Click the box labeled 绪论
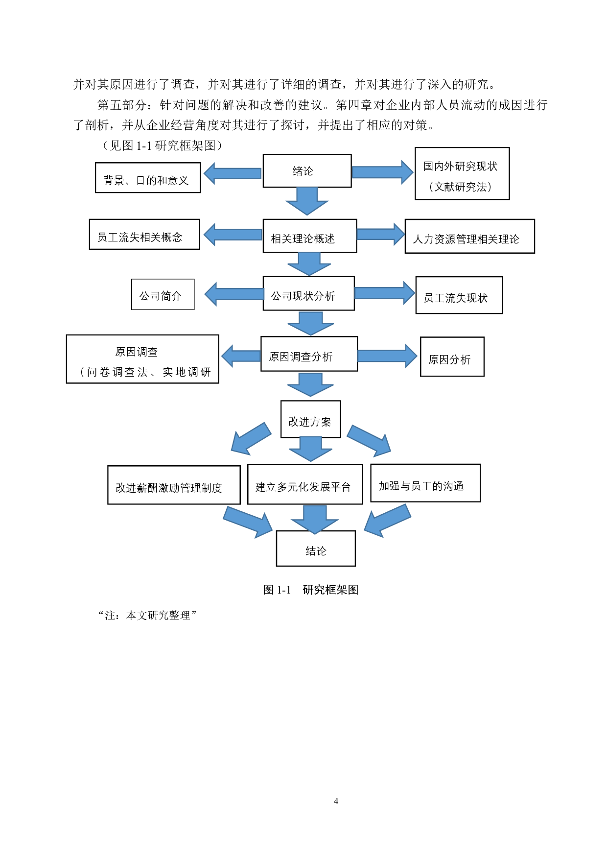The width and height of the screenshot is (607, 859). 307,171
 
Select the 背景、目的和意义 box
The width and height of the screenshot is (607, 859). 147,178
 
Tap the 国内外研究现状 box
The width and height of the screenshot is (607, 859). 462,173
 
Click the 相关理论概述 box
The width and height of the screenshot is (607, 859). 309,236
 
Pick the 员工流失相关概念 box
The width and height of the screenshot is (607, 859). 144,235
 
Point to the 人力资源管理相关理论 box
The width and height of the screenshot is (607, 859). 469,237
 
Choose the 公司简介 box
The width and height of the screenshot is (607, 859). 163,294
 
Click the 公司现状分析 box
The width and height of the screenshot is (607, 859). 308,293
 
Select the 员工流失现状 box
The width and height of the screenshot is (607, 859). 459,295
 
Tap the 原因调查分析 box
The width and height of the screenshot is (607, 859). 309,354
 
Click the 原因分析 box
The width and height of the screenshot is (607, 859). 452,357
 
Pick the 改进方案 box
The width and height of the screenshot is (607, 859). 310,419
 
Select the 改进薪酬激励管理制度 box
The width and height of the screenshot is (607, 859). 174,485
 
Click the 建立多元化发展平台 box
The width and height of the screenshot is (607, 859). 305,484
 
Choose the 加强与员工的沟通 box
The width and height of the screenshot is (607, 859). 425,483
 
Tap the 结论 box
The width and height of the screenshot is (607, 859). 316,549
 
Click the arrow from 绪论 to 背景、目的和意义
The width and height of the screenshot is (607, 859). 232,173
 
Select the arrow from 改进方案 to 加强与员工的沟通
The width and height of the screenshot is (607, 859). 370,439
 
